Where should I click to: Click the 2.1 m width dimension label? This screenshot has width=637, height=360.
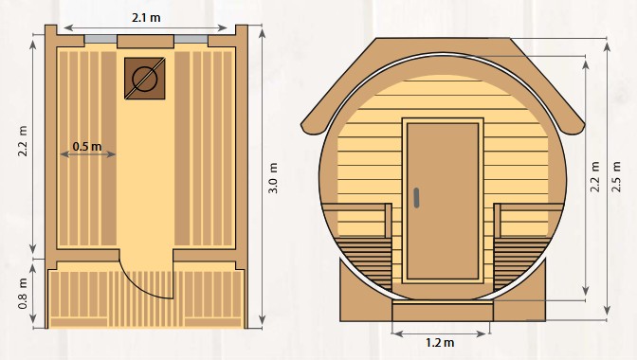pyautogui.click(x=146, y=18)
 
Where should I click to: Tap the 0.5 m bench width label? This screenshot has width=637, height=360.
pyautogui.click(x=87, y=146)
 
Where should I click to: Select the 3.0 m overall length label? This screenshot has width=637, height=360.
pyautogui.click(x=273, y=178)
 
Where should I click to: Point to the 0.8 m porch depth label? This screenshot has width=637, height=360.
pyautogui.click(x=23, y=294)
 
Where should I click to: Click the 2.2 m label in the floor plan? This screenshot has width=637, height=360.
pyautogui.click(x=23, y=141)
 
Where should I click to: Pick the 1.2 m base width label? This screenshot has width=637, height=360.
pyautogui.click(x=440, y=343)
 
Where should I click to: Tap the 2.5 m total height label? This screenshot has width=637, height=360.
pyautogui.click(x=617, y=176)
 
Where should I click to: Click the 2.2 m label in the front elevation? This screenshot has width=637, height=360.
pyautogui.click(x=595, y=176)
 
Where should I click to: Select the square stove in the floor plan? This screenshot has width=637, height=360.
pyautogui.click(x=145, y=79)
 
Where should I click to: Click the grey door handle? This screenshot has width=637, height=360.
pyautogui.click(x=416, y=198)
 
